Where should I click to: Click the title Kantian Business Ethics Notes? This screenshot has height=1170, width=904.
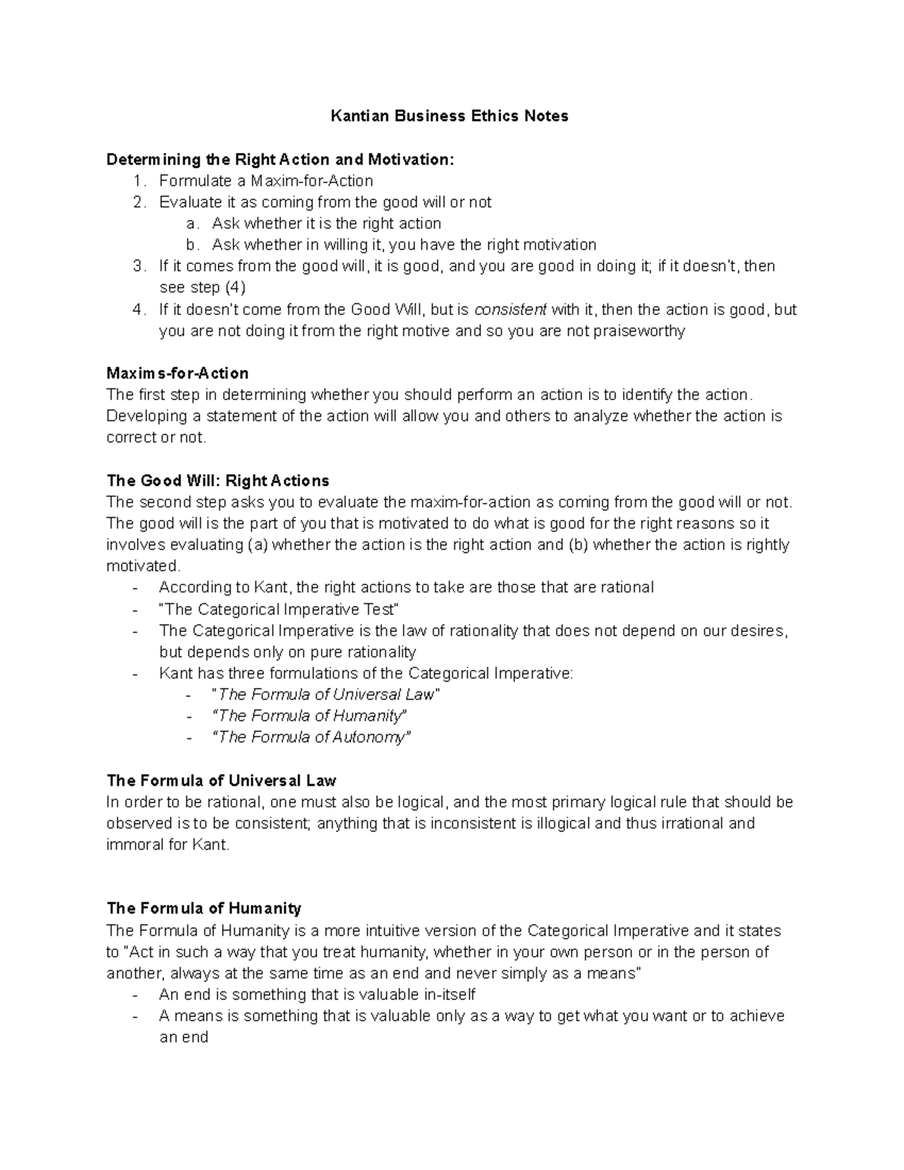[450, 116]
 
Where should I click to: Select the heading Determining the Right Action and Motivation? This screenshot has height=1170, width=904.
[280, 160]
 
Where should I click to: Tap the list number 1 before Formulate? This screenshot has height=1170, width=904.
[137, 181]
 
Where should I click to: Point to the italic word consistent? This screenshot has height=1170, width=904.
[510, 310]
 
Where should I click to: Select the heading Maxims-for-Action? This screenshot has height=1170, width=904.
[177, 374]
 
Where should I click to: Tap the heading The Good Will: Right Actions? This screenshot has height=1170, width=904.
[218, 481]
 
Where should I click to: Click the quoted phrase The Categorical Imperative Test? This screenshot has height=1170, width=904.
[279, 609]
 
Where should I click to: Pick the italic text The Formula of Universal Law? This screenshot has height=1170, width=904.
[326, 694]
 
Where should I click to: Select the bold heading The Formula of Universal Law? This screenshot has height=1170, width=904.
[221, 781]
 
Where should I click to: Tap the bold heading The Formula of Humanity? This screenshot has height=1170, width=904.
[203, 909]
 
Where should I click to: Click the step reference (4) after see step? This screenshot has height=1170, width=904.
[235, 288]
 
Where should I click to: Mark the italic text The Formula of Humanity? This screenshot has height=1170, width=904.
[310, 716]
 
